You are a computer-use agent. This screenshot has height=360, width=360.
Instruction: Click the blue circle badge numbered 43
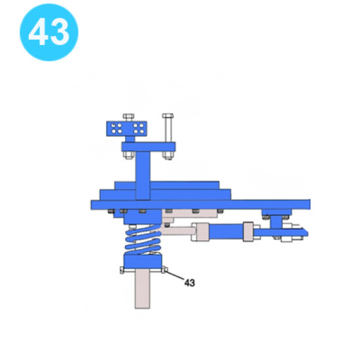49,32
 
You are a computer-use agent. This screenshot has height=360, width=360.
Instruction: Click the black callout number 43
190,283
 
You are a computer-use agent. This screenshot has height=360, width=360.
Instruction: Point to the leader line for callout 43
175,275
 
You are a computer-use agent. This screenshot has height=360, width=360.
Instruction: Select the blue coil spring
143,240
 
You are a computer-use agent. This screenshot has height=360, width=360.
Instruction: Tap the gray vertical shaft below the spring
142,289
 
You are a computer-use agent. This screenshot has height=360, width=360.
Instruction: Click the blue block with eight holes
126,128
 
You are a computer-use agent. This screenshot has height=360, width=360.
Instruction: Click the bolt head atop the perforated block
128,117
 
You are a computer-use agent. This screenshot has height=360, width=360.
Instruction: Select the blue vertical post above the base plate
143,175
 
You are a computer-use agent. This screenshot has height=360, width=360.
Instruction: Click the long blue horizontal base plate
200,204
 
